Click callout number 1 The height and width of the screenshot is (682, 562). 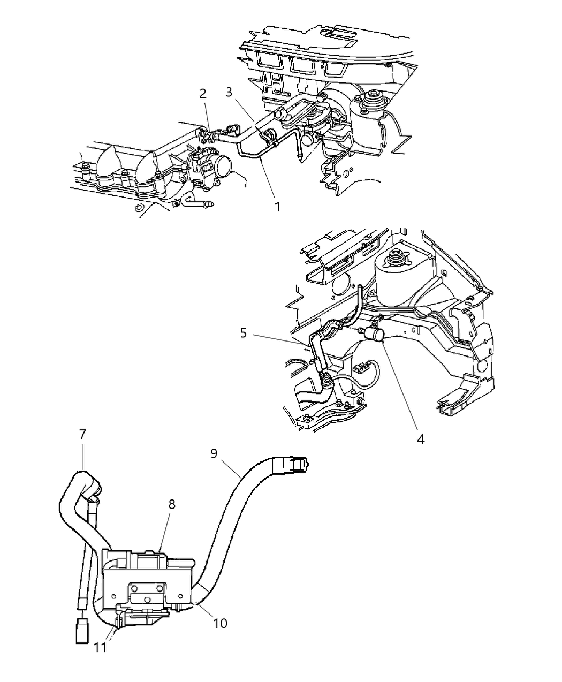click(x=277, y=206)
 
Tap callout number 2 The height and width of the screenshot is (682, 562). click(x=202, y=94)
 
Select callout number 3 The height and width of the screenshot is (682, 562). click(x=229, y=92)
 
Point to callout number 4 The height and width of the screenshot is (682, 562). click(x=420, y=438)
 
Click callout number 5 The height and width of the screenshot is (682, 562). click(x=243, y=333)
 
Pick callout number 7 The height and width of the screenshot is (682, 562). click(x=82, y=434)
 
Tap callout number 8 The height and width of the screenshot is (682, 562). click(x=171, y=504)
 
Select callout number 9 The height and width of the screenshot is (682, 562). click(x=214, y=453)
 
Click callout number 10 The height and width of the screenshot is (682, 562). click(x=220, y=623)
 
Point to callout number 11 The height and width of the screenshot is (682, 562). click(x=100, y=647)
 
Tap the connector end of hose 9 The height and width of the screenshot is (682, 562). click(x=291, y=463)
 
